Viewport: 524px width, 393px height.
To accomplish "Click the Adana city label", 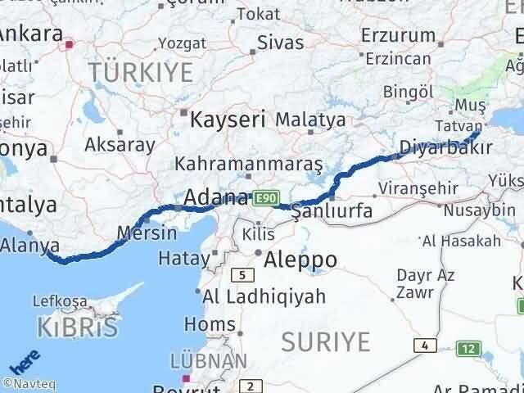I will point(217,197).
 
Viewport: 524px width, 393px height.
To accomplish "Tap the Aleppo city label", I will point(300,260).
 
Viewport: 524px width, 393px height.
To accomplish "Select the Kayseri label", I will point(228,120).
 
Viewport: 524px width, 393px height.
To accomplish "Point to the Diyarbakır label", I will point(446,147).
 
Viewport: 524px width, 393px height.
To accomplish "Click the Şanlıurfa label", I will point(332,210).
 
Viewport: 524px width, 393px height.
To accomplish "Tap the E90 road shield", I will point(267,198).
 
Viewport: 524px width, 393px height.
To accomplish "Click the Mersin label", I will point(147,233).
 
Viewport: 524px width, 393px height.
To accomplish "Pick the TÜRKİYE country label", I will point(141,73).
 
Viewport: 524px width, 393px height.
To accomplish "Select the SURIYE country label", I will point(325,341).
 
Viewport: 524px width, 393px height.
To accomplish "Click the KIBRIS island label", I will point(77,327).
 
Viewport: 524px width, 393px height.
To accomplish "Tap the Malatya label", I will point(310,120).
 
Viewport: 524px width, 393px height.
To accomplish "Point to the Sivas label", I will point(279,43).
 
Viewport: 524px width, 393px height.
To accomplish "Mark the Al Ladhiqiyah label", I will point(253,296).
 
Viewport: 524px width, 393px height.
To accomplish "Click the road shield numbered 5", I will point(243,275).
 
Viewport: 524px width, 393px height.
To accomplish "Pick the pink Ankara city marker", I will point(70,45).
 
